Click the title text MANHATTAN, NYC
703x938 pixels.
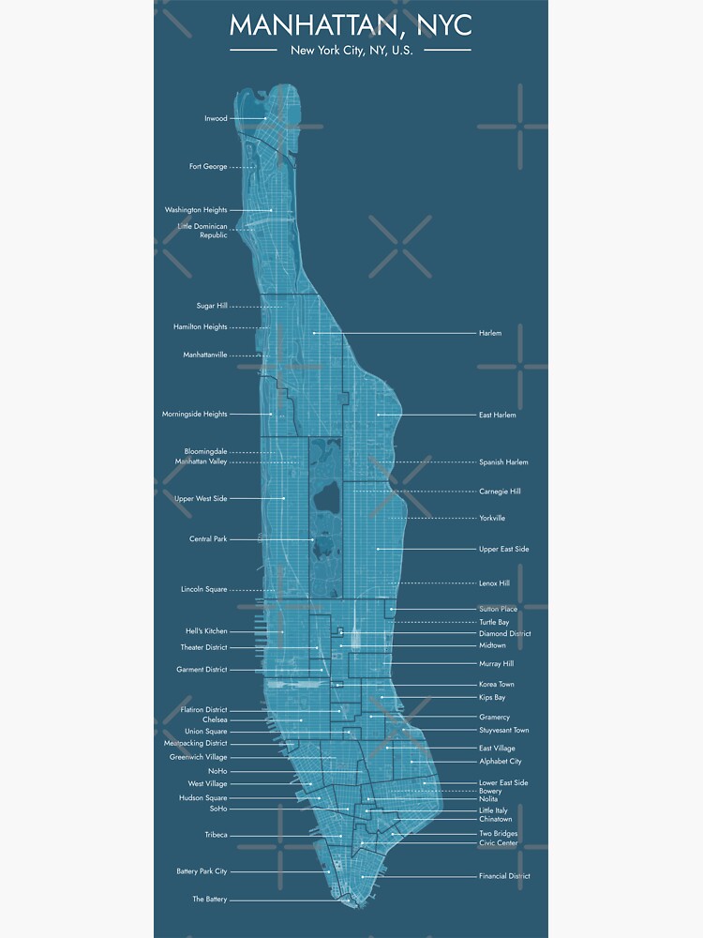click(x=351, y=23)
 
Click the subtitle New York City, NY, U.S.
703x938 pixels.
click(x=351, y=50)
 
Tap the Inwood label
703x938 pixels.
click(x=216, y=119)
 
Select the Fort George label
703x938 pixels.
click(x=208, y=167)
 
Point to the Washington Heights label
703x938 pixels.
click(x=196, y=210)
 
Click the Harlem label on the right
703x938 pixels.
click(x=490, y=333)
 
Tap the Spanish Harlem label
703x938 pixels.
click(x=503, y=462)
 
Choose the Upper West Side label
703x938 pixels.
click(x=201, y=499)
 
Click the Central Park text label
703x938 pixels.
click(x=208, y=539)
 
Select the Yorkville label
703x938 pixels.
click(x=492, y=518)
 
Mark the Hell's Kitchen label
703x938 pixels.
click(x=206, y=631)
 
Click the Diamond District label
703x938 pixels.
click(x=504, y=634)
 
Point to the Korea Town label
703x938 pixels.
click(x=496, y=685)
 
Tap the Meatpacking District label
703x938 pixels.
click(x=195, y=744)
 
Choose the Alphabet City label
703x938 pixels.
click(x=501, y=762)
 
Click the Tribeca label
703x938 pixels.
click(x=216, y=835)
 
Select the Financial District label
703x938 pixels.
click(x=504, y=876)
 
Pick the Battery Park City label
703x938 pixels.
click(x=202, y=871)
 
